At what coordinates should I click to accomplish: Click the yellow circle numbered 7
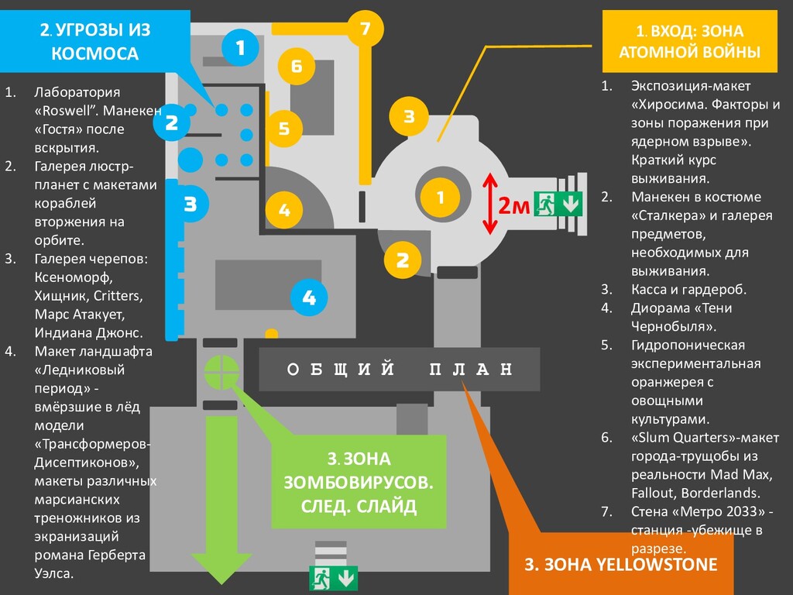(366, 29)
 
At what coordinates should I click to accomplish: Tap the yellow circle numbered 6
(297, 66)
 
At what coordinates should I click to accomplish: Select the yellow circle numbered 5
(284, 128)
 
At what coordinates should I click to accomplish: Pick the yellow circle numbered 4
(284, 209)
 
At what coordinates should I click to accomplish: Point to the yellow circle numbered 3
(409, 117)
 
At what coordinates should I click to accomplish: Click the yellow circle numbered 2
(402, 260)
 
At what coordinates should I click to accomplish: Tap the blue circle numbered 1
(240, 48)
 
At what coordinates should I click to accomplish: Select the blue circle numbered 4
(309, 297)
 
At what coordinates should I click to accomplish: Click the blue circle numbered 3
(191, 205)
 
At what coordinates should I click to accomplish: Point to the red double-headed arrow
(489, 205)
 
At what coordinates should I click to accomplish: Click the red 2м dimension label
(513, 206)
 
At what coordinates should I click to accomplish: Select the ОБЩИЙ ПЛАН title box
(399, 370)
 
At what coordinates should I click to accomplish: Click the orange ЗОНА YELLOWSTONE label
(621, 564)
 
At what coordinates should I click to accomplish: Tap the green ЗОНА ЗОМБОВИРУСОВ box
(359, 482)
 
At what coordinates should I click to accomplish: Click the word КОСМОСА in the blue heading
(95, 53)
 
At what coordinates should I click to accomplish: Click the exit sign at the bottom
(334, 577)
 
